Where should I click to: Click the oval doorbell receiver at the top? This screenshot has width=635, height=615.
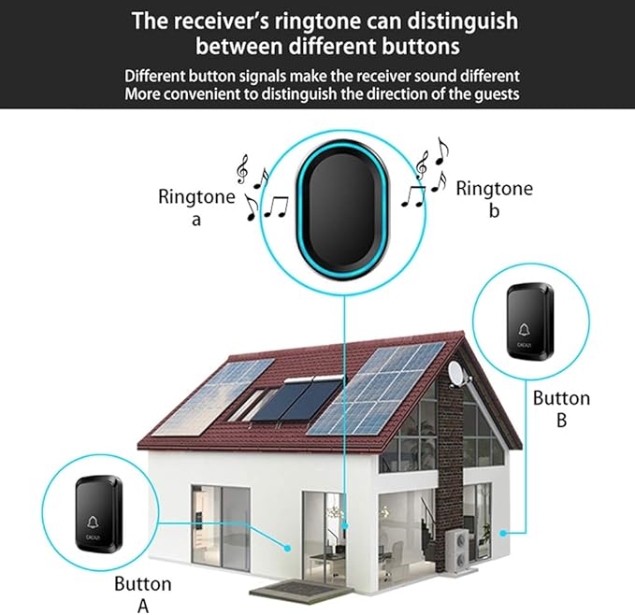pyautogui.click(x=342, y=209)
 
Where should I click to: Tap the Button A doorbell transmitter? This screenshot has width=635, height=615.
pyautogui.click(x=99, y=514)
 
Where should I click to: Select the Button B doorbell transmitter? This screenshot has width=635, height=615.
pyautogui.click(x=530, y=322)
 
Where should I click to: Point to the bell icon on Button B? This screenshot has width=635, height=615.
pyautogui.click(x=524, y=330)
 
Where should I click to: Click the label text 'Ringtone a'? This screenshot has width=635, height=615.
pyautogui.click(x=196, y=207)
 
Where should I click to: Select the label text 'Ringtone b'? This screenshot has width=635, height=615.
pyautogui.click(x=495, y=199)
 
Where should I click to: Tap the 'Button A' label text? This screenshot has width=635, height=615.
pyautogui.click(x=143, y=594)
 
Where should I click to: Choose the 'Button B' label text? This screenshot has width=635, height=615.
pyautogui.click(x=561, y=408)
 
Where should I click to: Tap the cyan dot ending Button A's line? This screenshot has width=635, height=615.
pyautogui.click(x=287, y=548)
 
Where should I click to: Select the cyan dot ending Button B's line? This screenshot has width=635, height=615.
pyautogui.click(x=502, y=533)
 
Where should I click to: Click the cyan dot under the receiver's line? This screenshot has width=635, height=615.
pyautogui.click(x=345, y=526)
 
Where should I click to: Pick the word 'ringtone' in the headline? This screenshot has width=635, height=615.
pyautogui.click(x=318, y=21)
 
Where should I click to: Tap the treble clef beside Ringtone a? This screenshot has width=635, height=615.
pyautogui.click(x=242, y=169)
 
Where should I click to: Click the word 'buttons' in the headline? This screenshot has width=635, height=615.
pyautogui.click(x=421, y=46)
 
